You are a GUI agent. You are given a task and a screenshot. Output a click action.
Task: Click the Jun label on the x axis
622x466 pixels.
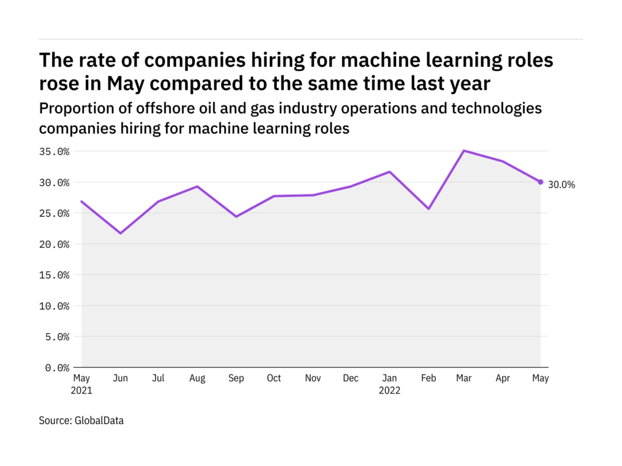120,379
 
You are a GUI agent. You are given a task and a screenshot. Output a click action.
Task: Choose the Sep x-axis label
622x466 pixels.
236,379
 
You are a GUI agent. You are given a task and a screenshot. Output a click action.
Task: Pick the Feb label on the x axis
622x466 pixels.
428,379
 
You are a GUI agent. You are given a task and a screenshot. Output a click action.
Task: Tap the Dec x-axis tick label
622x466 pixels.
351,379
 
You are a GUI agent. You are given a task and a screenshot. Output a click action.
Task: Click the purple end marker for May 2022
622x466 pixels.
541,182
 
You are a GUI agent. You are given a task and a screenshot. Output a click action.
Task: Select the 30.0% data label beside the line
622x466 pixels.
561,185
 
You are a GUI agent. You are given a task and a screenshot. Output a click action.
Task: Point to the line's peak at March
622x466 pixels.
464,150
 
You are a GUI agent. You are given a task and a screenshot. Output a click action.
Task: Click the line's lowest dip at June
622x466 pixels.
120,233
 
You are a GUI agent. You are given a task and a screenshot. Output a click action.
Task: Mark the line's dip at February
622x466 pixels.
428,209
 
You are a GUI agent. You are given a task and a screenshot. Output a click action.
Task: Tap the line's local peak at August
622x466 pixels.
197,186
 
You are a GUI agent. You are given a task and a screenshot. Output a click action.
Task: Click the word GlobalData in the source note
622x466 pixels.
98,420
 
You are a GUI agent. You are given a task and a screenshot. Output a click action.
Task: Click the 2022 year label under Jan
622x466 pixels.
389,391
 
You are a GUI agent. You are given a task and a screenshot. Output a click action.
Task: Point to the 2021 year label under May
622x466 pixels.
81,391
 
